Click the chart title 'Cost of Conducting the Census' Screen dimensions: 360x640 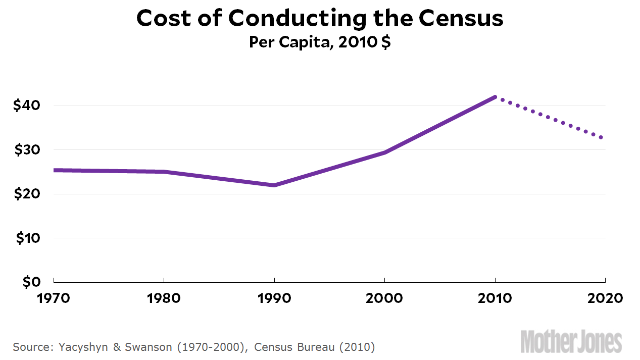pyautogui.click(x=320, y=19)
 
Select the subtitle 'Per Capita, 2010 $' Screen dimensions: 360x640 pyautogui.click(x=320, y=42)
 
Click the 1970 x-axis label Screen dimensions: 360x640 pyautogui.click(x=54, y=298)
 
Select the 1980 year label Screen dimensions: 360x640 pyautogui.click(x=164, y=298)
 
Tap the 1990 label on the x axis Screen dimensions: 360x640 pyautogui.click(x=274, y=298)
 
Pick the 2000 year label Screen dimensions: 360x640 pyautogui.click(x=384, y=298)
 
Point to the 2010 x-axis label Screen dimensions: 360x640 pyautogui.click(x=495, y=298)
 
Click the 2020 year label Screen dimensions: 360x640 pyautogui.click(x=605, y=298)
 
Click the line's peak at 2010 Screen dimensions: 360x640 pyautogui.click(x=495, y=97)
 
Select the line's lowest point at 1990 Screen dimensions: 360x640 pyautogui.click(x=274, y=185)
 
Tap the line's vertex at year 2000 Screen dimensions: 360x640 pyautogui.click(x=384, y=152)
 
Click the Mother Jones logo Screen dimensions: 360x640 pyautogui.click(x=571, y=341)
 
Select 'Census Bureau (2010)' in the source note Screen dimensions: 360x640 pyautogui.click(x=315, y=347)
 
